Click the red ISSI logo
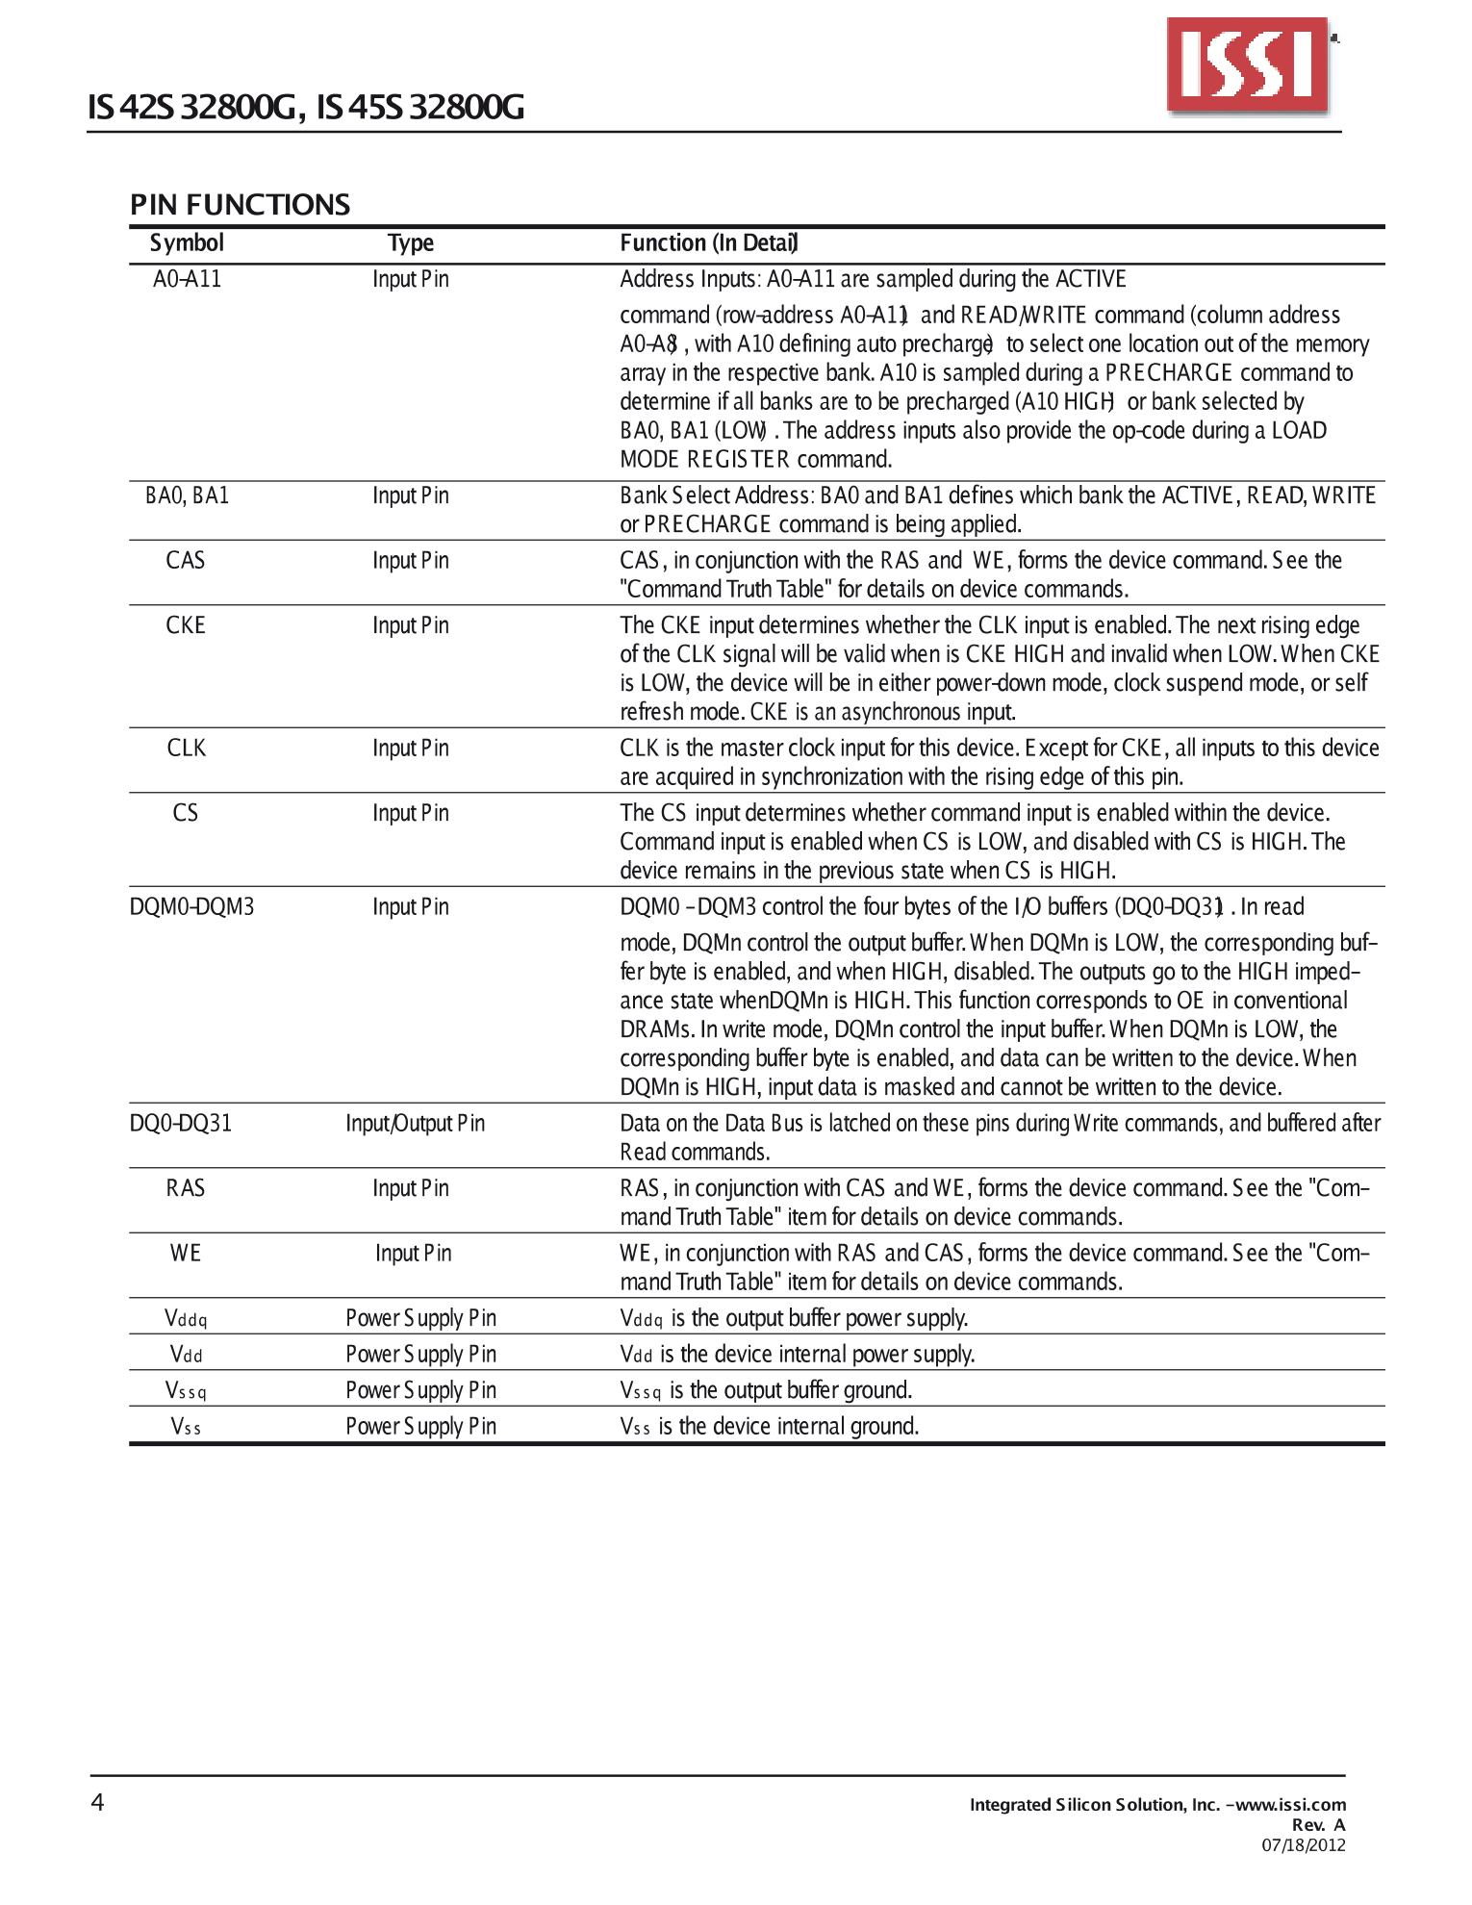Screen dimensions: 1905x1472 (x=1248, y=64)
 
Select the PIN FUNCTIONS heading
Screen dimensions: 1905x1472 (x=240, y=204)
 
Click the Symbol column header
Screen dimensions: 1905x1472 (x=187, y=243)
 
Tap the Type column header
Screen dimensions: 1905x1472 (x=411, y=243)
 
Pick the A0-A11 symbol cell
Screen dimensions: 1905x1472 (x=187, y=279)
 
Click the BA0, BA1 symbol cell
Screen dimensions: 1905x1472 (x=187, y=495)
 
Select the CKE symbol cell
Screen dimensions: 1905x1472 (x=186, y=625)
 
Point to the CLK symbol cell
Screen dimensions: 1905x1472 (x=186, y=748)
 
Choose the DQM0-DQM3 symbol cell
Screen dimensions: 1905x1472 (x=191, y=906)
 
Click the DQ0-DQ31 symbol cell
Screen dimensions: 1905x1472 (x=181, y=1123)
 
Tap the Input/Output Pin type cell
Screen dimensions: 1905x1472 (x=415, y=1123)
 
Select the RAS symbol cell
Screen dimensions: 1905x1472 (x=186, y=1188)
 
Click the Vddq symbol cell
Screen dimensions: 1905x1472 (x=186, y=1318)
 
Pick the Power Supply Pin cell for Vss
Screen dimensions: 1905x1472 (x=420, y=1426)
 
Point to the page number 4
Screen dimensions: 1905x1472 (x=97, y=1802)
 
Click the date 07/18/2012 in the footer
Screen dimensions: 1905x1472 (x=1304, y=1844)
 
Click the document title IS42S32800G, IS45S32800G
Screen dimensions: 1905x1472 (x=306, y=107)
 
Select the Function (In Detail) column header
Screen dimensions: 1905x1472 (x=709, y=243)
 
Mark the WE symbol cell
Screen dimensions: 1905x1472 (x=186, y=1253)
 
